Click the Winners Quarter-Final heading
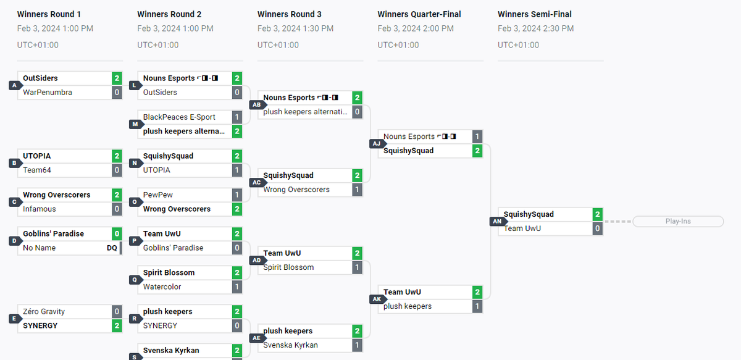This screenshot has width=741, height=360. pyautogui.click(x=419, y=14)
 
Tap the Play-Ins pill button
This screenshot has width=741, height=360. pyautogui.click(x=678, y=221)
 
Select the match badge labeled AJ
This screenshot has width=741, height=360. pyautogui.click(x=377, y=144)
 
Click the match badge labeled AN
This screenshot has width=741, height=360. pyautogui.click(x=498, y=221)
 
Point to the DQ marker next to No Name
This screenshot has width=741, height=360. pyautogui.click(x=112, y=248)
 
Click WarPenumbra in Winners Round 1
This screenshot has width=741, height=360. pyautogui.click(x=48, y=93)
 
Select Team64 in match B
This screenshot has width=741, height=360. pyautogui.click(x=37, y=170)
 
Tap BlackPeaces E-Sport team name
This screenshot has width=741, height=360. pyautogui.click(x=179, y=117)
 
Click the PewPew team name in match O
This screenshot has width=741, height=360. pyautogui.click(x=158, y=195)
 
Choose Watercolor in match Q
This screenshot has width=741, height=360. pyautogui.click(x=162, y=287)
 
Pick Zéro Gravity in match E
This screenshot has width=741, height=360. pyautogui.click(x=44, y=311)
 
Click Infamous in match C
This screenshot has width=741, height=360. pyautogui.click(x=40, y=209)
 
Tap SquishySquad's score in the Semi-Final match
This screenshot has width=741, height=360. pyautogui.click(x=598, y=214)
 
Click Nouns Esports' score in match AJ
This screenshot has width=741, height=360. pyautogui.click(x=477, y=136)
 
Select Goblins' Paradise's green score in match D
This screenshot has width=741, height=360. pyautogui.click(x=117, y=234)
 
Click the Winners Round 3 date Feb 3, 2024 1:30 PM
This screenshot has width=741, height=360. pyautogui.click(x=295, y=28)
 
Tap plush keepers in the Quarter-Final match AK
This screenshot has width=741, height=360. pyautogui.click(x=408, y=306)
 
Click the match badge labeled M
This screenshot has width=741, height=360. pyautogui.click(x=136, y=124)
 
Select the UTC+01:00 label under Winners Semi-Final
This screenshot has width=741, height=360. pyautogui.click(x=518, y=45)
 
